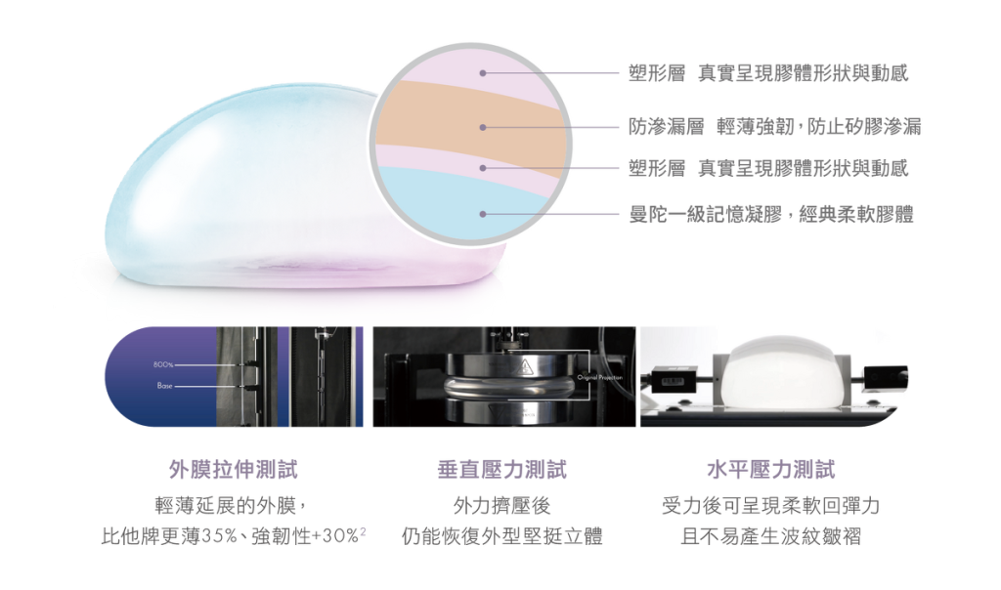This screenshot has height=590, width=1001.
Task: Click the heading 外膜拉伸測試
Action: point(233,470)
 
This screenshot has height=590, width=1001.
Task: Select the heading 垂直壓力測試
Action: point(501,470)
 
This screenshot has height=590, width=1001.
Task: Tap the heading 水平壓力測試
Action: point(770,470)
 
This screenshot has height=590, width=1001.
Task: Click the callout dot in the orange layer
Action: point(483,128)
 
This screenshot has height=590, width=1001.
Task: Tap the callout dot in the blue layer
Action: point(483,214)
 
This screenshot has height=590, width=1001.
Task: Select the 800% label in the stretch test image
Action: point(163,365)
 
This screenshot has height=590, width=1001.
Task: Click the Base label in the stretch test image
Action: point(164,386)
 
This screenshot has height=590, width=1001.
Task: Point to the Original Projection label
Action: point(599,378)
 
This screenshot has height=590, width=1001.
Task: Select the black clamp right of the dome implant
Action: point(885,377)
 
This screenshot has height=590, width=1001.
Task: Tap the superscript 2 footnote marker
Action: point(364,530)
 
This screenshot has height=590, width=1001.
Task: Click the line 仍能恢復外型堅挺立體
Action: point(501,535)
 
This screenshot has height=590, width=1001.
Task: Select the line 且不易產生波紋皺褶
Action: point(770,535)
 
